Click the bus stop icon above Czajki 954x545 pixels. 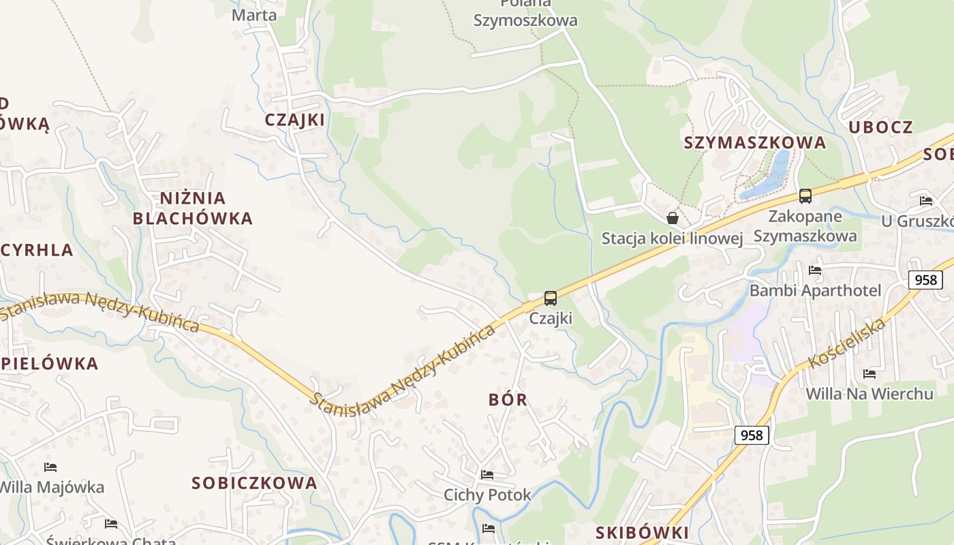tap(550, 298)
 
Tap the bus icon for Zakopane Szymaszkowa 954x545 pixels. tap(805, 196)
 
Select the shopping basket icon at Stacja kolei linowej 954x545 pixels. tap(673, 218)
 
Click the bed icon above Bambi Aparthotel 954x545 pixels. tap(814, 270)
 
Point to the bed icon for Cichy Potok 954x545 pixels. tap(487, 475)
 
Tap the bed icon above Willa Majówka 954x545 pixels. tap(50, 467)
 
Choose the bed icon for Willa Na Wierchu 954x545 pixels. tap(869, 374)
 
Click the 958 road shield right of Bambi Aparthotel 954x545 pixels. tap(925, 279)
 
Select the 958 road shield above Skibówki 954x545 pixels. tap(752, 435)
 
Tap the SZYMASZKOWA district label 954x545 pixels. tap(754, 143)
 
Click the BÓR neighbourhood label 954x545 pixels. tap(508, 400)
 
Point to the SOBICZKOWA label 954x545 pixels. tap(254, 483)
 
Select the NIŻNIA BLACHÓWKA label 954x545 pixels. tap(193, 208)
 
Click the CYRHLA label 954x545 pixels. tap(37, 250)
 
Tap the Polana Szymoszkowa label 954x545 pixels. tap(525, 14)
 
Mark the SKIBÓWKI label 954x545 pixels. tap(642, 533)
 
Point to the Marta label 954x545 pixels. tap(254, 15)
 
